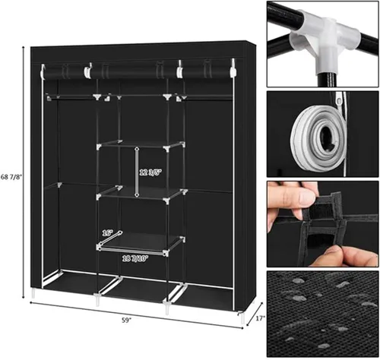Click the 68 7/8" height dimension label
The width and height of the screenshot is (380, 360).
[11, 177]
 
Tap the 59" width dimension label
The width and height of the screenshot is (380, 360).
[126, 321]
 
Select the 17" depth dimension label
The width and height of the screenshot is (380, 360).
[260, 318]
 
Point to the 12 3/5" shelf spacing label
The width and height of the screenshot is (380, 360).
[150, 172]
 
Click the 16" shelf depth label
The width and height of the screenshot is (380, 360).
[107, 233]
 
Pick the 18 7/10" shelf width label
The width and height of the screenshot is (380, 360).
[135, 258]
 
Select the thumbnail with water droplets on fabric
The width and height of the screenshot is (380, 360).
[322, 314]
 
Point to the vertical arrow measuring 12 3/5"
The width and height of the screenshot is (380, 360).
[137, 172]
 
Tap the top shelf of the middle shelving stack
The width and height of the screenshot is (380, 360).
[141, 145]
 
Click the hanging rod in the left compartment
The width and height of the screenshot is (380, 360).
[72, 96]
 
